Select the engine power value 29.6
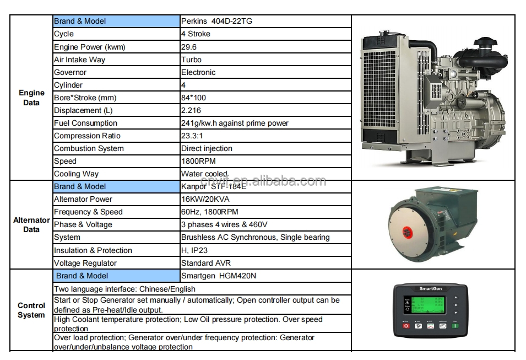(189, 47)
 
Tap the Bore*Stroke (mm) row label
(85, 98)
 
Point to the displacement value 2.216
(191, 110)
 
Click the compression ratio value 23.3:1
(192, 136)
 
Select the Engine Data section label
(31, 98)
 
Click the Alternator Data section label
(31, 225)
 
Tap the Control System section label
(31, 310)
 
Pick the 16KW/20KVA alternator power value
(205, 199)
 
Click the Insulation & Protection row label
(93, 250)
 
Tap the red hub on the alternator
(407, 232)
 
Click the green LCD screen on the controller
(428, 305)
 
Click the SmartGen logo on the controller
(430, 288)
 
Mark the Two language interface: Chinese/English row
(124, 289)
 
